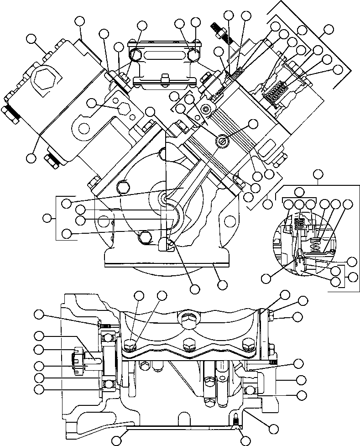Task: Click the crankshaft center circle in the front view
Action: pos(163,199)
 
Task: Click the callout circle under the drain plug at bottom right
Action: pos(245,441)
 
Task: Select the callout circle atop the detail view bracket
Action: pos(318,174)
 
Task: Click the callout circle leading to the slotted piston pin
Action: pos(253,124)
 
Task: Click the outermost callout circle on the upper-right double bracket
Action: pos(328,30)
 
